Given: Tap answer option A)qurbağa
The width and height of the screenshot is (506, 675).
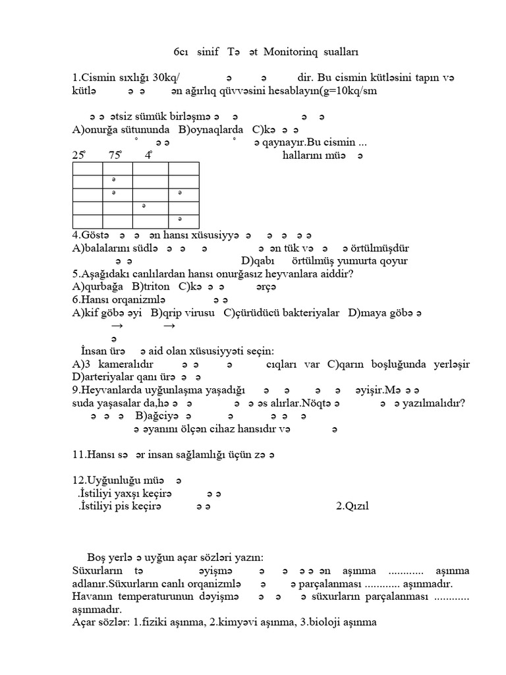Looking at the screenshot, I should (99, 287).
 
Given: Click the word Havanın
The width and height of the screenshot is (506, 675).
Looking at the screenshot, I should (92, 596).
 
